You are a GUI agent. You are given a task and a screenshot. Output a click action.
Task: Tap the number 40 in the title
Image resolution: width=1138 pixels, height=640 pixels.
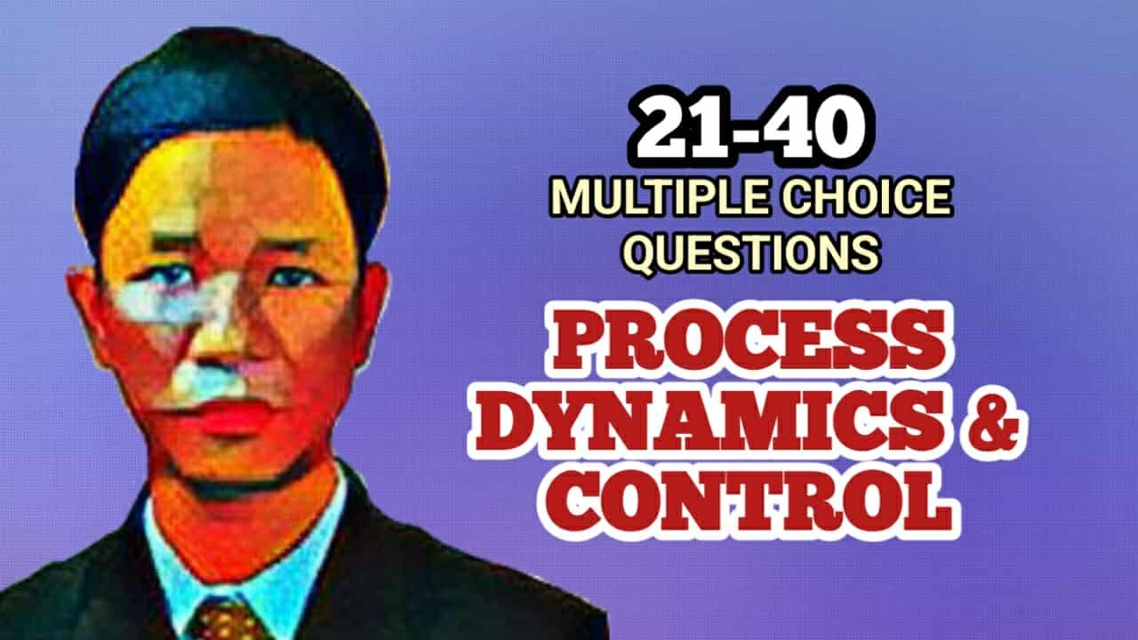pos(819,131)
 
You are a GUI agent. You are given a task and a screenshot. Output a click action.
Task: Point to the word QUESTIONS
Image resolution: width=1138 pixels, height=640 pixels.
pos(751,253)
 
